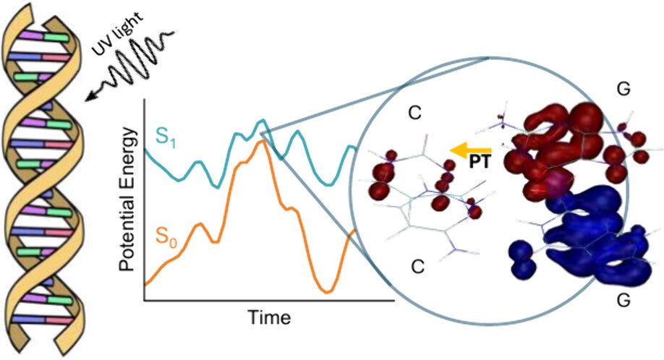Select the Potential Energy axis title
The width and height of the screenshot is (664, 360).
pyautogui.click(x=128, y=200)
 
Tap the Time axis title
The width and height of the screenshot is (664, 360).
pyautogui.click(x=269, y=317)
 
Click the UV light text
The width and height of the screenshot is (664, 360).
pyautogui.click(x=118, y=35)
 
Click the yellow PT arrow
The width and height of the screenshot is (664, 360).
pyautogui.click(x=470, y=150)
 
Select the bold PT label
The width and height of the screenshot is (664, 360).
pyautogui.click(x=480, y=162)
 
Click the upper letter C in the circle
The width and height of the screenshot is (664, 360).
pyautogui.click(x=414, y=113)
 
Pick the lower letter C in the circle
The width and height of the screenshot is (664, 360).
pyautogui.click(x=417, y=267)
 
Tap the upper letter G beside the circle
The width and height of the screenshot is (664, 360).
pyautogui.click(x=623, y=89)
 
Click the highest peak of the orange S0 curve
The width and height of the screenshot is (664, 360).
pyautogui.click(x=262, y=141)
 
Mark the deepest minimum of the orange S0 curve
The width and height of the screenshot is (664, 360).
pyautogui.click(x=327, y=291)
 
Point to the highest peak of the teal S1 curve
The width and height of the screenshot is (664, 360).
pyautogui.click(x=263, y=121)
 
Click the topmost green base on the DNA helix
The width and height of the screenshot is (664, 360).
pyautogui.click(x=56, y=37)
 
